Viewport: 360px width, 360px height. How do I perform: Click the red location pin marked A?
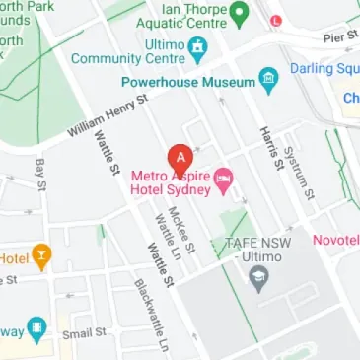180,157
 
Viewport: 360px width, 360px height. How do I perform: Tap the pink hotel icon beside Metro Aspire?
224,179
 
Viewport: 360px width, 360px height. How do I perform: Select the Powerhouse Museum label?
187,83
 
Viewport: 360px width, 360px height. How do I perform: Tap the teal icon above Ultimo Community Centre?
199,46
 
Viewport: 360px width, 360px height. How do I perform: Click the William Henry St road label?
107,116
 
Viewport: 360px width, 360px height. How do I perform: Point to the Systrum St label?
297,173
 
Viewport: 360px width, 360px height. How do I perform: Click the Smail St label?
84,333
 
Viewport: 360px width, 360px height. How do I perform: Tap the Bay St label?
40,172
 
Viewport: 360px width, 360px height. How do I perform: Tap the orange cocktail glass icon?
39,257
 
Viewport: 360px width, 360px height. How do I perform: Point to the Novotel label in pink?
335,240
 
